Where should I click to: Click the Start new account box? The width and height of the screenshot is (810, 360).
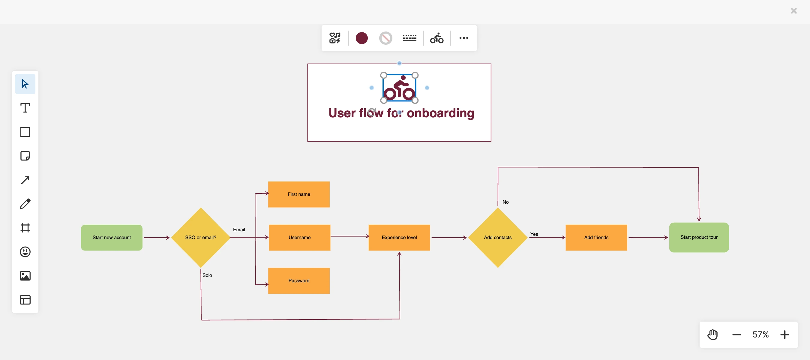[112, 237]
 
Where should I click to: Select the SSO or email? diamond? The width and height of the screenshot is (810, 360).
[201, 237]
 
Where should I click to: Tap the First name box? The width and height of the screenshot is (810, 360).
[299, 194]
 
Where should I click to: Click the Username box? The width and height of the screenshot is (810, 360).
[299, 237]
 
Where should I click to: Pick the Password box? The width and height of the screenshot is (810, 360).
[299, 280]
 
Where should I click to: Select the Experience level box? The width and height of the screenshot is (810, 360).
[399, 237]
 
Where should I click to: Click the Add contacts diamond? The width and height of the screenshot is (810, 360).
[497, 237]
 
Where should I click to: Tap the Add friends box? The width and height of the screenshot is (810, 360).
[596, 237]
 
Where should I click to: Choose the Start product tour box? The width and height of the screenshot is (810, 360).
[699, 237]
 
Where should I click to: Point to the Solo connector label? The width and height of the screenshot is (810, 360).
[207, 275]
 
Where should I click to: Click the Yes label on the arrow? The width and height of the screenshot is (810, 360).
[534, 234]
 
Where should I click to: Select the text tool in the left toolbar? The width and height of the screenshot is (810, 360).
[25, 108]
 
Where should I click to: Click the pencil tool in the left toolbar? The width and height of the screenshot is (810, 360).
[25, 204]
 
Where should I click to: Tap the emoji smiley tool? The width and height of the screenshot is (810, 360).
[25, 251]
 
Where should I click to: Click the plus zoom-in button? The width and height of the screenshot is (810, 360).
[784, 334]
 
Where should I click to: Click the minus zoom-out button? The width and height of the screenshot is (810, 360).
[736, 334]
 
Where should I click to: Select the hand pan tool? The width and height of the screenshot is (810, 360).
[712, 334]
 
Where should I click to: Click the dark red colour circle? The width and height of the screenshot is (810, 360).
[361, 38]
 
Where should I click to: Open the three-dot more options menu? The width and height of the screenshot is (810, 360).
[463, 38]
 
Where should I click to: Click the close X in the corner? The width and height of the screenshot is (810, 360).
[793, 11]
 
